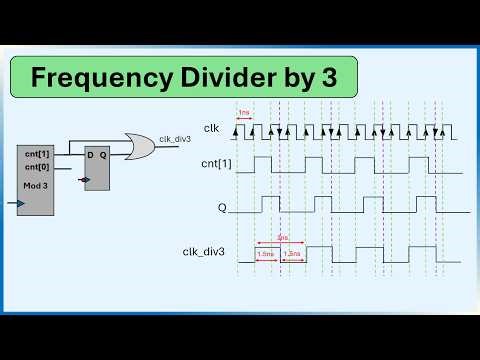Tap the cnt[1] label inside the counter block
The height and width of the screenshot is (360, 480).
point(38,154)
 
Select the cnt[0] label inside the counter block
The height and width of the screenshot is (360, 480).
point(38,166)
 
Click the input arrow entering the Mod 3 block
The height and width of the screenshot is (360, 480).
point(11,203)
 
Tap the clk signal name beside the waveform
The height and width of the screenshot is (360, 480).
point(211,128)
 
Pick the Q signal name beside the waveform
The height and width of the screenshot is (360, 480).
point(222,209)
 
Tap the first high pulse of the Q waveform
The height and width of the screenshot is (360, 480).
point(270,204)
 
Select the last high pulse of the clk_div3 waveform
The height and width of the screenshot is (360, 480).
point(424,253)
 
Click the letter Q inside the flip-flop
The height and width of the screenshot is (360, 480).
point(103,155)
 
